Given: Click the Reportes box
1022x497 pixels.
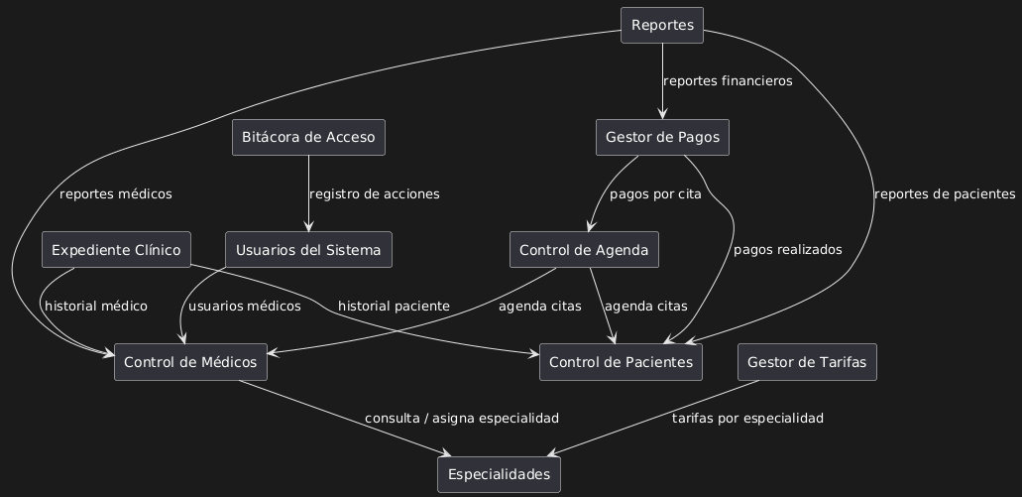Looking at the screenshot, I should [x=662, y=25].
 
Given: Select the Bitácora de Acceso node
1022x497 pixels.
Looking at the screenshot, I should [x=308, y=137].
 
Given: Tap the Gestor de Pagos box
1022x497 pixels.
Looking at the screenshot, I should [x=662, y=137].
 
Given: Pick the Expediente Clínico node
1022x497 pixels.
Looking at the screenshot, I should [x=116, y=249].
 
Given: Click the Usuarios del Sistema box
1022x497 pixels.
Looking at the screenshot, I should [x=308, y=249].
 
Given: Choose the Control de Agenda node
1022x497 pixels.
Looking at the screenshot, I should [x=584, y=249].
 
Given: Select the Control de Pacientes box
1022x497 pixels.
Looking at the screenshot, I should [x=622, y=362].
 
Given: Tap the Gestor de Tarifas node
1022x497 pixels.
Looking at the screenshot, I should [x=807, y=362].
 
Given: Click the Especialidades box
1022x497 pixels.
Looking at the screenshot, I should [x=499, y=474].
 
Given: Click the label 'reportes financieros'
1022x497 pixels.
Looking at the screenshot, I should [x=728, y=81].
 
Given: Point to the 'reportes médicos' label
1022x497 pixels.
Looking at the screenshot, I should [x=115, y=194].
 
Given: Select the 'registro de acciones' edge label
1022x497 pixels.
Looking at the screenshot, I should [x=374, y=194].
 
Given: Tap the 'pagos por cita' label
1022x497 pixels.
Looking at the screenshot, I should [x=655, y=194].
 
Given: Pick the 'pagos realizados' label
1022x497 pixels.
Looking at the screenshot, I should [x=787, y=250].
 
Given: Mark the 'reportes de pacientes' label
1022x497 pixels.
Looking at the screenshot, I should [x=945, y=194].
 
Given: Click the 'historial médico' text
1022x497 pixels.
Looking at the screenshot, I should [x=95, y=307].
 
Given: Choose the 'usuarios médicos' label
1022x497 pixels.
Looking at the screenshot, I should [x=244, y=307].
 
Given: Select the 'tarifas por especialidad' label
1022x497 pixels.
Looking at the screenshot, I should [x=747, y=419].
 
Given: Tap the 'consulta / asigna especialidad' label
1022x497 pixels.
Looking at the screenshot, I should [x=461, y=419].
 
